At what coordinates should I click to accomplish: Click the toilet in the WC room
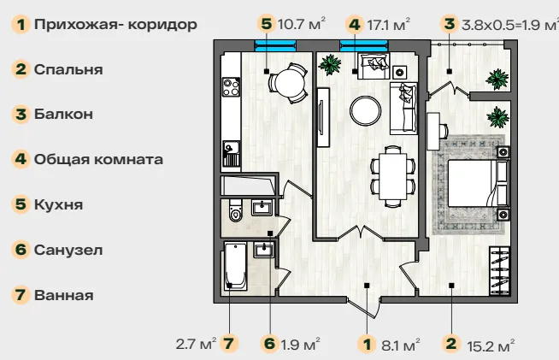coord(236,210)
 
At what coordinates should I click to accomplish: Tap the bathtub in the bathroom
coord(235,266)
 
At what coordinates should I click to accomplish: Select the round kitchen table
coord(288,83)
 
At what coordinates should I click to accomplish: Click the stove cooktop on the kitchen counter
coord(231,87)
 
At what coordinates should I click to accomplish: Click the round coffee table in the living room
coord(366,110)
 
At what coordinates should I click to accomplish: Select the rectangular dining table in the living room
coord(392,176)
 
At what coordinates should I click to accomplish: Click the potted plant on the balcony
coord(497,80)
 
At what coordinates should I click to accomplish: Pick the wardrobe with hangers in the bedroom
coord(499,270)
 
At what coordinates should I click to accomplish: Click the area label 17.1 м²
coord(388,25)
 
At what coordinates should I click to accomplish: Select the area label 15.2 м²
coord(491,345)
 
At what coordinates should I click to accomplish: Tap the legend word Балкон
coord(63,115)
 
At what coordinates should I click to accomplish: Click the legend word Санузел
coord(68,250)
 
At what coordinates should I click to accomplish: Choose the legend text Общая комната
coord(99,159)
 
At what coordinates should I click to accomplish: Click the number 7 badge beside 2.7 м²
coord(229,344)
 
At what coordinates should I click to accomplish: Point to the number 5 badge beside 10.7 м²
coord(267,24)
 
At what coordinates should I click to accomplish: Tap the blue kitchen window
coord(275,45)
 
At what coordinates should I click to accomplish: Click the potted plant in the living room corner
coord(330,65)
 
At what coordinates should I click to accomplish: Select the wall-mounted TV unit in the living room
coord(323,117)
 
